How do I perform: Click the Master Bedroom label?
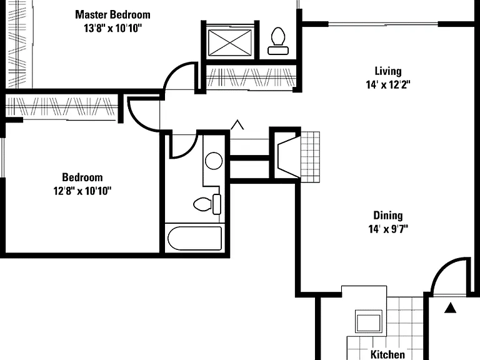[112, 15]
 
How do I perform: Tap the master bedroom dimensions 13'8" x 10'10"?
[113, 29]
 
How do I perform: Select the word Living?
[388, 71]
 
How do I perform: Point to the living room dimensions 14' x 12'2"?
[388, 84]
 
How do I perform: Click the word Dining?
[388, 216]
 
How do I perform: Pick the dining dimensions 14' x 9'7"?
[388, 229]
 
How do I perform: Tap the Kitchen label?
[387, 354]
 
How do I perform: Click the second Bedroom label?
[82, 177]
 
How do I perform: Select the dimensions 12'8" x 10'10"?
[82, 191]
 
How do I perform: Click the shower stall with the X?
[230, 42]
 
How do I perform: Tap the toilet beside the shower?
[278, 41]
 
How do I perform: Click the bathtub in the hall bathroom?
[195, 238]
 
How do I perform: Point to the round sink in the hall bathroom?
[214, 161]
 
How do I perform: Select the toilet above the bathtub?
[207, 204]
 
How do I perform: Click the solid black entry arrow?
[450, 308]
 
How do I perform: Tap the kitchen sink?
[369, 321]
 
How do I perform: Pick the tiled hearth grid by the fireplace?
[311, 157]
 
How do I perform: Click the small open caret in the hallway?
[237, 124]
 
